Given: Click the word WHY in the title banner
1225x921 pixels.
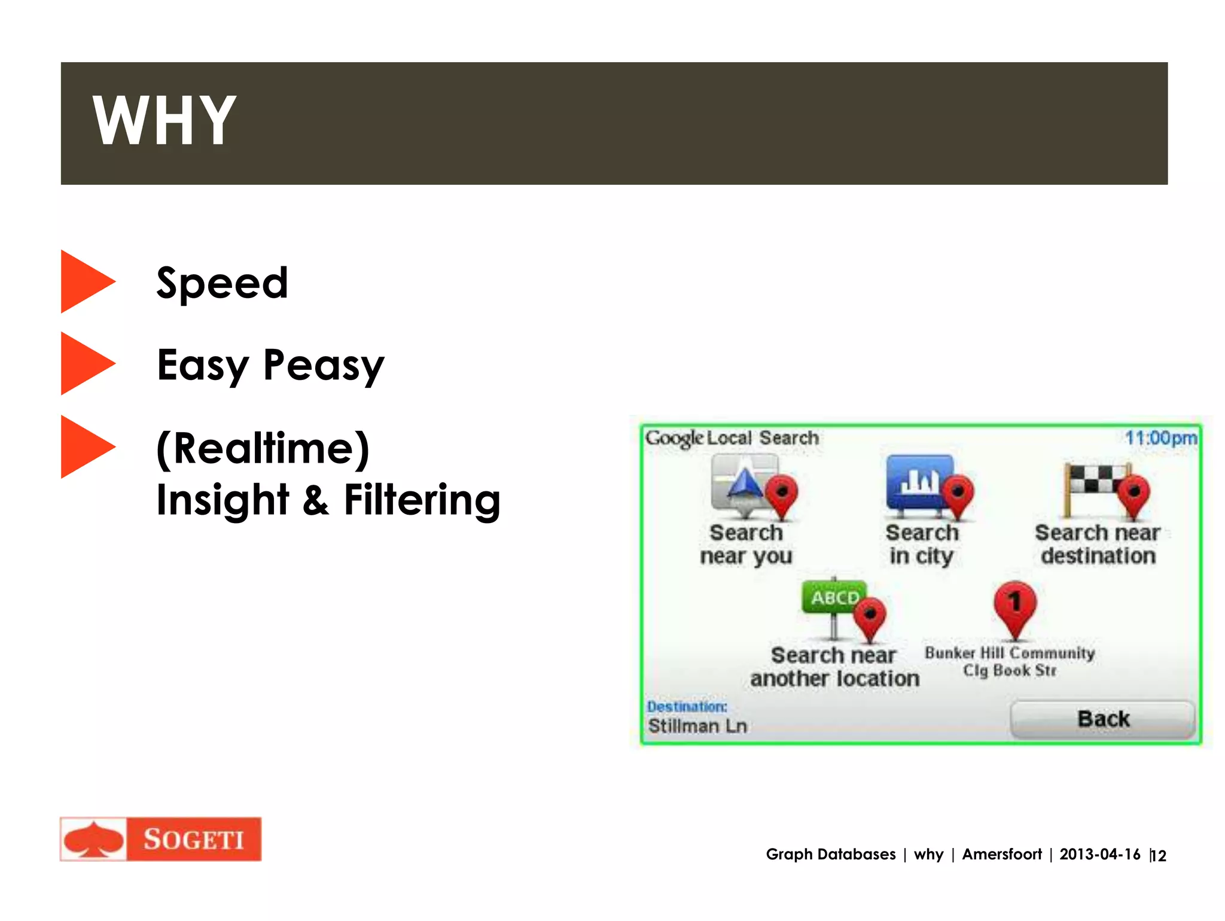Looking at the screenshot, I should (x=164, y=121).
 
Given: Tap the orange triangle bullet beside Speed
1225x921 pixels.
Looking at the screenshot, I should (x=86, y=281).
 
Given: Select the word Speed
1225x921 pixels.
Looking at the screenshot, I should (x=222, y=283).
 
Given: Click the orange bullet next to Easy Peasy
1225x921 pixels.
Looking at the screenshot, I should (x=86, y=363).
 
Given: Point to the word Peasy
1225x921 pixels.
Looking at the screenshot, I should (x=324, y=366).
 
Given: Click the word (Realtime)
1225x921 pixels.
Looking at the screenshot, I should (x=263, y=448).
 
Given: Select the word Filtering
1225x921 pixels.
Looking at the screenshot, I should (x=422, y=500).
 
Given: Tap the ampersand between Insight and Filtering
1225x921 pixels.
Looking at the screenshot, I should (x=316, y=500).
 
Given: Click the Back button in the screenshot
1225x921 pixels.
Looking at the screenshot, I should (x=1102, y=719).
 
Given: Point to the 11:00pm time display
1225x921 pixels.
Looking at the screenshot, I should (x=1160, y=438).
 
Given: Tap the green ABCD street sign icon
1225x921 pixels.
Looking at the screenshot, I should (x=834, y=598).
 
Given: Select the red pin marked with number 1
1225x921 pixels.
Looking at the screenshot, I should (x=1014, y=606).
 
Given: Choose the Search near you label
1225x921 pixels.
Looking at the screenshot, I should (x=746, y=544).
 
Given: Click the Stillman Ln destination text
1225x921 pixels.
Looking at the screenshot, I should (x=697, y=726).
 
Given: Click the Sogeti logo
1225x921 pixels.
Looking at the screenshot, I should (x=161, y=839).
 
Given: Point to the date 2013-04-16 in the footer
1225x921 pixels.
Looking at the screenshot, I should (x=1099, y=854).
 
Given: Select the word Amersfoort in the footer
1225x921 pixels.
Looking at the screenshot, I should (x=1001, y=854).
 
